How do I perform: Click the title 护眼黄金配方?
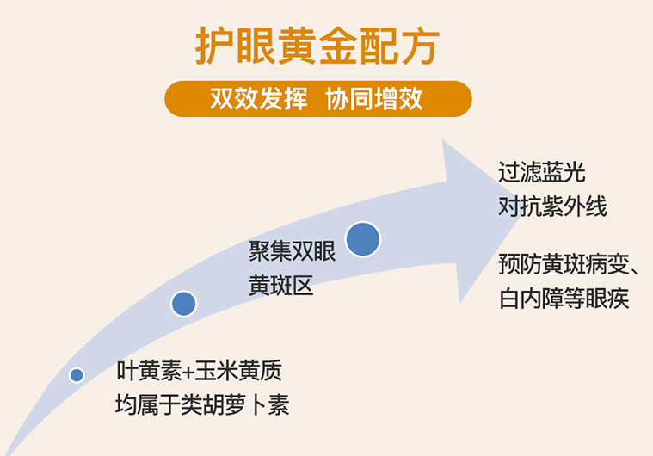coord(317,46)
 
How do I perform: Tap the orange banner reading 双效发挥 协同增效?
coord(318,99)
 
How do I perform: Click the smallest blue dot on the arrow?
coord(77,375)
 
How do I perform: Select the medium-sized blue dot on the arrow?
coord(183,304)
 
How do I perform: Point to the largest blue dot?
coord(363,239)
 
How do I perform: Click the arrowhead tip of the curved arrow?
coord(519,217)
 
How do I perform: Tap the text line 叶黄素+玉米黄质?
coord(199,370)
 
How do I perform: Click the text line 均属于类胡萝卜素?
coord(202,404)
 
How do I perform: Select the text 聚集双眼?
coord(292,251)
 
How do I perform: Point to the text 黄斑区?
coord(280,286)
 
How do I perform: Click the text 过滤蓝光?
coord(542,172)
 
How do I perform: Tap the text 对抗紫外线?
coord(552,206)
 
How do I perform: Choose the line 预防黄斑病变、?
coord(569,264)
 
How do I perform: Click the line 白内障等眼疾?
coord(564,299)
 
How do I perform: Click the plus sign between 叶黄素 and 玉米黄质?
coord(188,371)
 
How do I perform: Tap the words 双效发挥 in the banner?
coord(259,99)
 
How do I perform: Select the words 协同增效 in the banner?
coord(374,99)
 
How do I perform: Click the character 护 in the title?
coord(213,46)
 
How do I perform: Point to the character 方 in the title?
coord(421,46)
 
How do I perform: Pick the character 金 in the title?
coord(338,46)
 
